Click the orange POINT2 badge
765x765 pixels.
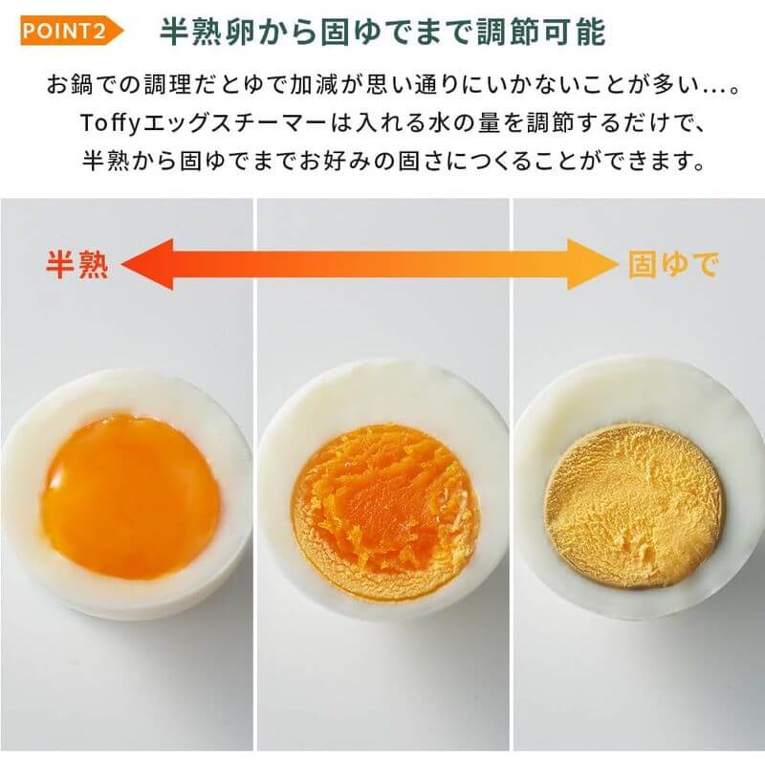tap(69, 30)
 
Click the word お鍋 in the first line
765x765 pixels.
tap(72, 84)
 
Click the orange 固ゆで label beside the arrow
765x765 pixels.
tap(672, 265)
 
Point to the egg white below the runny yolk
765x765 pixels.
tap(129, 598)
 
